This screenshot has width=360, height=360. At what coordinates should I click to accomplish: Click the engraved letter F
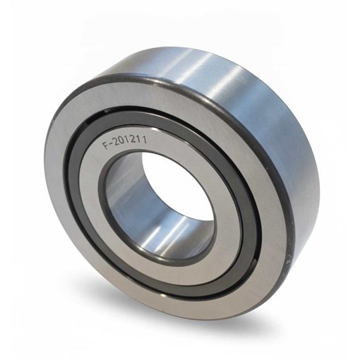(105, 146)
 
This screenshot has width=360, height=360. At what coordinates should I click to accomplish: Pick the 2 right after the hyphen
(116, 143)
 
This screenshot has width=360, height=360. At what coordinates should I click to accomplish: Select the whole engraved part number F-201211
(125, 143)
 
